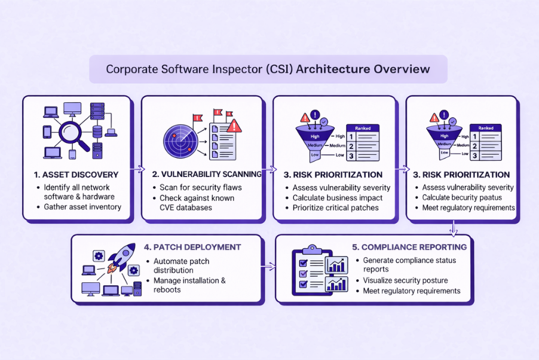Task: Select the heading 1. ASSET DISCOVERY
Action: click(76, 175)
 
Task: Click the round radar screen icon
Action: click(181, 139)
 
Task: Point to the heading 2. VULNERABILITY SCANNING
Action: click(207, 175)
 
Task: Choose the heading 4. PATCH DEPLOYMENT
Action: click(192, 247)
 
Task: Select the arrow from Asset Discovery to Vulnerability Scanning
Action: click(137, 170)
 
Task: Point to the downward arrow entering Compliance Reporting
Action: click(453, 228)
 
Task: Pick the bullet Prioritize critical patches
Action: click(335, 208)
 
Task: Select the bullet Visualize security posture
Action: click(405, 280)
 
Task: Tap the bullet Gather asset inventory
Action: click(82, 207)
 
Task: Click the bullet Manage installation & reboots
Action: click(189, 285)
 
